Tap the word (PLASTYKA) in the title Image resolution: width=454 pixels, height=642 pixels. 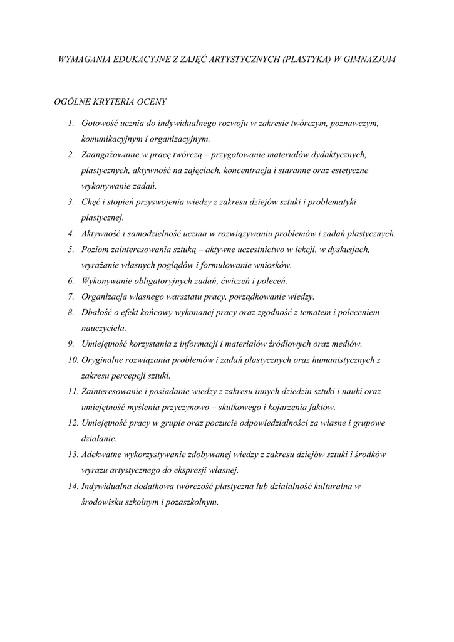[306, 60]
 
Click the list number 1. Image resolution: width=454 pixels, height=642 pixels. [72, 123]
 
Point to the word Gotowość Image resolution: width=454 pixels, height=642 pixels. [101, 123]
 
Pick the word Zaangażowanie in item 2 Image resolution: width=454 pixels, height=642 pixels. [110, 154]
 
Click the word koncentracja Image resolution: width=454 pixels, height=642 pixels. [275, 170]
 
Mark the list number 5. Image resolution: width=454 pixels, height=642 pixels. [72, 250]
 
